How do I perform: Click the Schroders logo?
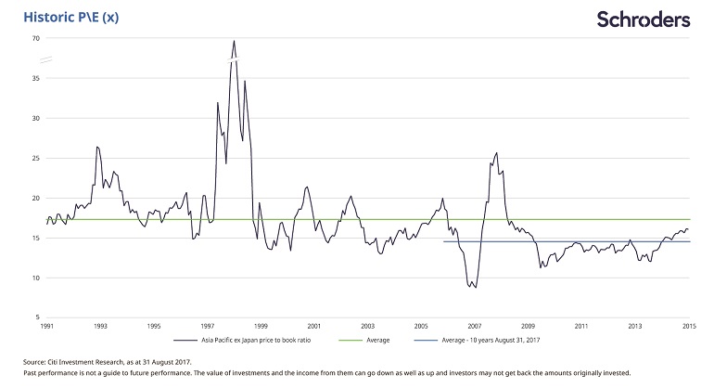[644, 19]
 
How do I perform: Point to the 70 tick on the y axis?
[35, 38]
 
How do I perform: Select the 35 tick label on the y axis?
[35, 78]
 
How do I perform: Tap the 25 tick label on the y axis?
[35, 158]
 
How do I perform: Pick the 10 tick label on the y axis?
[35, 278]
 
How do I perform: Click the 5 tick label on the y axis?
[37, 317]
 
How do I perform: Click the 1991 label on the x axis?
[46, 327]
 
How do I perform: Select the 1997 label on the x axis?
[208, 327]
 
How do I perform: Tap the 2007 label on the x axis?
[476, 327]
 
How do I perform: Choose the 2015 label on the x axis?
[690, 327]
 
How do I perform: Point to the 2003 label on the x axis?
[368, 327]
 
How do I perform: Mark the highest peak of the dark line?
[234, 40]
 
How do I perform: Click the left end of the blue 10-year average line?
[443, 241]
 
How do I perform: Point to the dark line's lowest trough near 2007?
[476, 288]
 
